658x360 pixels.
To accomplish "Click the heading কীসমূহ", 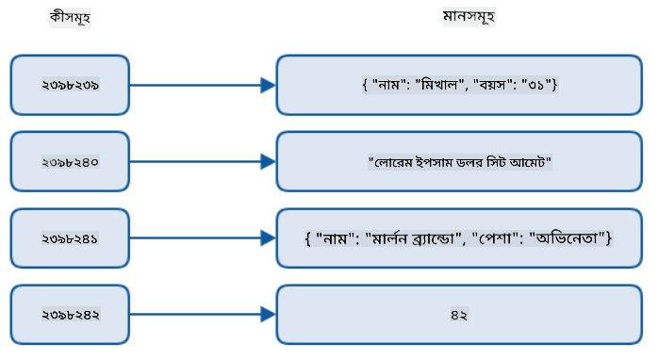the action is pos(70,18).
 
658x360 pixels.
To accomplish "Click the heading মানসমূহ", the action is pos(469,17).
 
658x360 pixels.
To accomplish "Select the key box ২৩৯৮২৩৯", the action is pos(70,85).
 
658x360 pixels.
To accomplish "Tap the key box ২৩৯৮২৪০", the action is pos(70,161).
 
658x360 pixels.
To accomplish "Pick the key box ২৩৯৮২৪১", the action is pos(70,238).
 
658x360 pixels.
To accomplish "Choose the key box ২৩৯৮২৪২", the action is pos(70,315).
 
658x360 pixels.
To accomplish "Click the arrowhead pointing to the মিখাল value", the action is pos(268,85).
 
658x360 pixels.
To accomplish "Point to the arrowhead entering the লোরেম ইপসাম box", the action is pos(268,162).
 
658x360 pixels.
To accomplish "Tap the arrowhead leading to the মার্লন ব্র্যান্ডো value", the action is pos(268,238).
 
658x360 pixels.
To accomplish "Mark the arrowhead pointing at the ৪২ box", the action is pos(268,315).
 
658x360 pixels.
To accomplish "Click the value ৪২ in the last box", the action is pos(459,315).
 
